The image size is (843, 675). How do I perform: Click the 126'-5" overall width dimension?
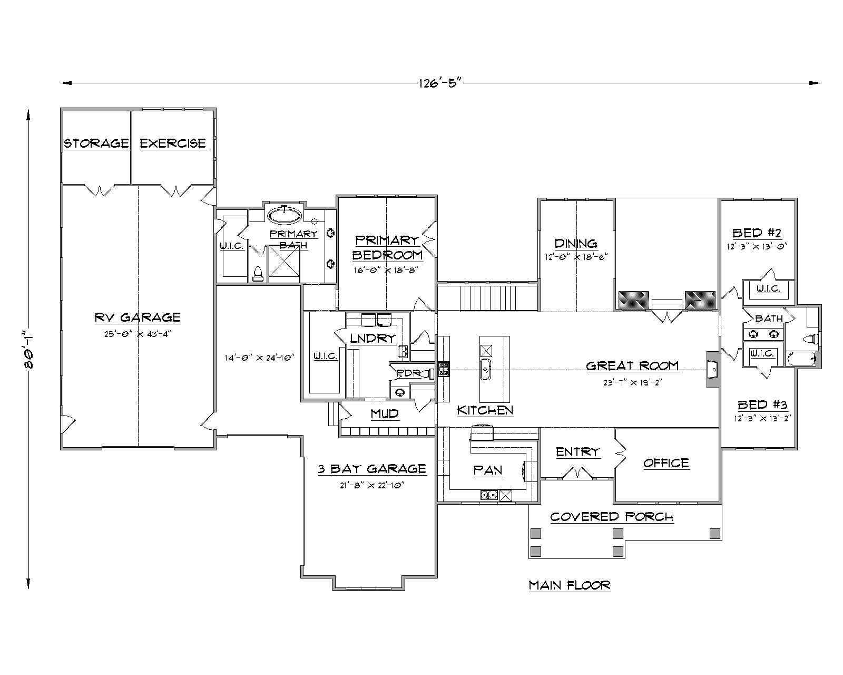pyautogui.click(x=440, y=83)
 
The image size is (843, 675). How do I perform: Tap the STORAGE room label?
pyautogui.click(x=96, y=143)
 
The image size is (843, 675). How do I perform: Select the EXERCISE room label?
pyautogui.click(x=173, y=143)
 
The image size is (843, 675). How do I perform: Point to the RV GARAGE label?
pyautogui.click(x=138, y=317)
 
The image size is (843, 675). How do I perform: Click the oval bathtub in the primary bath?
pyautogui.click(x=285, y=215)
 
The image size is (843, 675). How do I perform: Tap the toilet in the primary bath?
pyautogui.click(x=258, y=274)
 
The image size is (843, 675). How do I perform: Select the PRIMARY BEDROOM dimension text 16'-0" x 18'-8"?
pyautogui.click(x=387, y=270)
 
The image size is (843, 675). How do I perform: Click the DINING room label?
pyautogui.click(x=576, y=244)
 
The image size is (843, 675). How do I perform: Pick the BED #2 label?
pyautogui.click(x=756, y=233)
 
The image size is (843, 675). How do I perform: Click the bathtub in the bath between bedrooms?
pyautogui.click(x=801, y=359)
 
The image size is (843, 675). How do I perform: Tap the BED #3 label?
pyautogui.click(x=762, y=405)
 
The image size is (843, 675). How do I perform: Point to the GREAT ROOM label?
pyautogui.click(x=632, y=365)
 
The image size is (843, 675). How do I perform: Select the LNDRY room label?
pyautogui.click(x=373, y=339)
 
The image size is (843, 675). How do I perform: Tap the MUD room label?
pyautogui.click(x=385, y=414)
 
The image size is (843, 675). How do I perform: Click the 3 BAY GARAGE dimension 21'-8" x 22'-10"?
pyautogui.click(x=372, y=484)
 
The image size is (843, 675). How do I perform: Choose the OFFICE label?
pyautogui.click(x=666, y=463)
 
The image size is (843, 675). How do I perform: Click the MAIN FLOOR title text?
pyautogui.click(x=570, y=585)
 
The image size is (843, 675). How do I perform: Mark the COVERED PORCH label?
pyautogui.click(x=612, y=517)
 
